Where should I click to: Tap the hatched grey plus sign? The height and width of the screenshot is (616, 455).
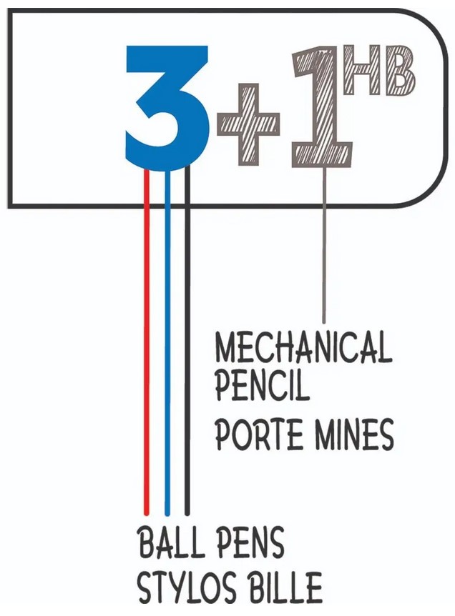(248, 124)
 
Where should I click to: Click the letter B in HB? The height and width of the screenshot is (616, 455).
(399, 71)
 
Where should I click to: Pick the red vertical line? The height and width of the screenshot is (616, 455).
(147, 341)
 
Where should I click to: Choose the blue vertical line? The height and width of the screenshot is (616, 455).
(167, 342)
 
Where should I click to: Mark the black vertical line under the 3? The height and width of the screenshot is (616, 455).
(187, 340)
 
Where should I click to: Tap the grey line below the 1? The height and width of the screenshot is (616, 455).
(324, 244)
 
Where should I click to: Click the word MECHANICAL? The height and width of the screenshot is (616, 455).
(303, 348)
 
